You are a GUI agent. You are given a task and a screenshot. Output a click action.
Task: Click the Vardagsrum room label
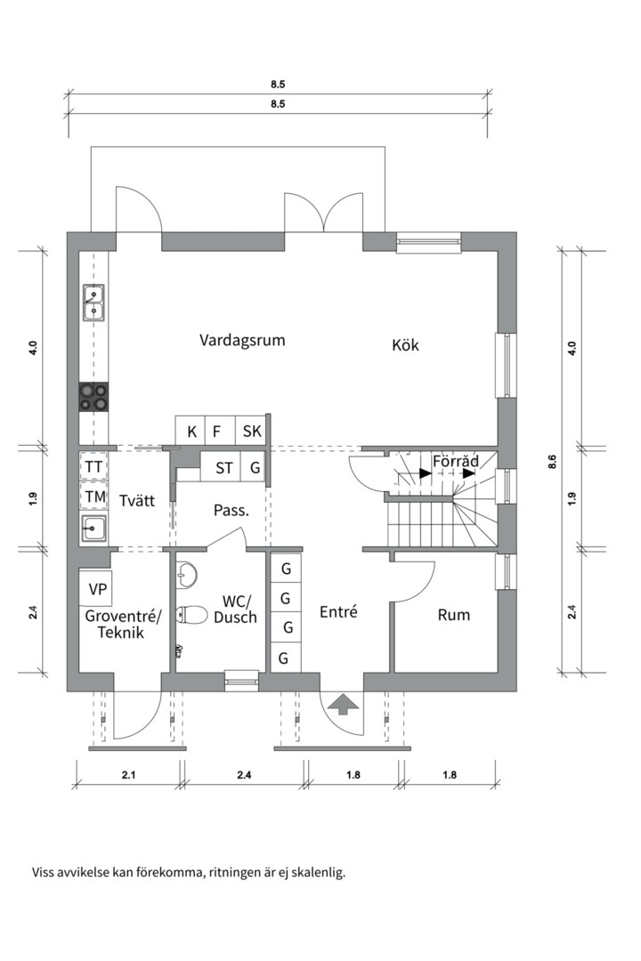pyautogui.click(x=242, y=340)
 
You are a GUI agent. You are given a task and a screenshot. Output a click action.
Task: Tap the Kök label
pyautogui.click(x=405, y=345)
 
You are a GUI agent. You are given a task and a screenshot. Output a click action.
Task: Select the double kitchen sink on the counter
pyautogui.click(x=93, y=303)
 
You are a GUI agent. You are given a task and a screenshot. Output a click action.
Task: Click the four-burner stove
pyautogui.click(x=93, y=396)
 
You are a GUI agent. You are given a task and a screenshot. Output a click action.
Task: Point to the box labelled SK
pyautogui.click(x=252, y=432)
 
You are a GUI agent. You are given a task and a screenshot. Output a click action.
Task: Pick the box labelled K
pyautogui.click(x=191, y=432)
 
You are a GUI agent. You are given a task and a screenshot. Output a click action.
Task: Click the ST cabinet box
pyautogui.click(x=224, y=467)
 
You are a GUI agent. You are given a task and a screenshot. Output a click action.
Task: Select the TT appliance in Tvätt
pyautogui.click(x=93, y=466)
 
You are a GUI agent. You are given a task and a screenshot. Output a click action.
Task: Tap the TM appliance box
pyautogui.click(x=93, y=497)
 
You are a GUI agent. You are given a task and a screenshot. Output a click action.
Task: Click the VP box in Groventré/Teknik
pyautogui.click(x=98, y=588)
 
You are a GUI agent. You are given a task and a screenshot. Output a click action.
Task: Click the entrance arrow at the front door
pyautogui.click(x=343, y=704)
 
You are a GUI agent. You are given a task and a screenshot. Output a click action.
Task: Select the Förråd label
pyautogui.click(x=456, y=462)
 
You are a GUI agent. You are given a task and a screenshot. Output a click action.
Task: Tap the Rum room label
pyautogui.click(x=454, y=615)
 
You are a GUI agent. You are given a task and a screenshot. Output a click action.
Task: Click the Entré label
pyautogui.click(x=338, y=612)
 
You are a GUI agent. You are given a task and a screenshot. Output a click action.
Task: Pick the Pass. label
pyautogui.click(x=231, y=511)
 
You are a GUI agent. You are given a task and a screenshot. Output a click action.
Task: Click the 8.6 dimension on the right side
pyautogui.click(x=552, y=461)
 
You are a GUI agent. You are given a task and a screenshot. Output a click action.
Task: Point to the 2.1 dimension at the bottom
pyautogui.click(x=128, y=775)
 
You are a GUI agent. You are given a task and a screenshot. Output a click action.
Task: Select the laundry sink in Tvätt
pyautogui.click(x=93, y=529)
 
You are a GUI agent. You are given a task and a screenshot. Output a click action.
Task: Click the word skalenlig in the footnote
pyautogui.click(x=317, y=872)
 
